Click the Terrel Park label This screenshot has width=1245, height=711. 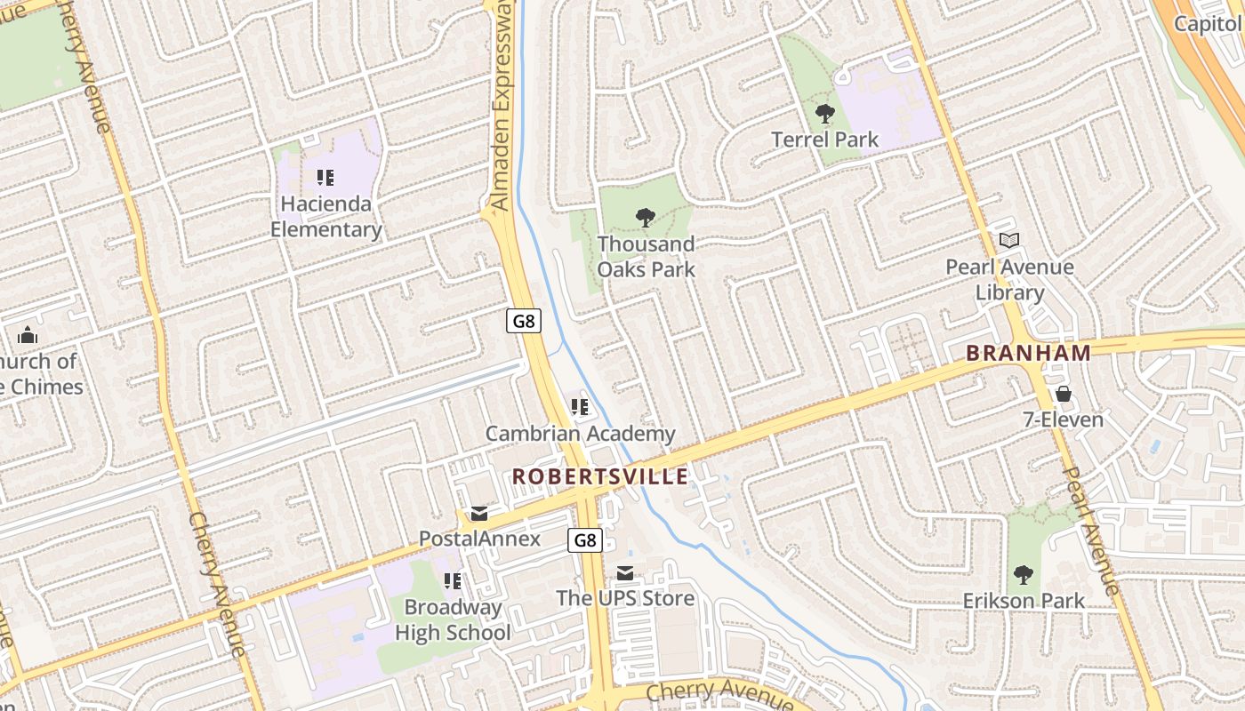824,140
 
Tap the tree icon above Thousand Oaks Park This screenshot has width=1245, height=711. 647,217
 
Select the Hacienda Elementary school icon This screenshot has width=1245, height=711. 325,178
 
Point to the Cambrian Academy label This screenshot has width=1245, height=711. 580,434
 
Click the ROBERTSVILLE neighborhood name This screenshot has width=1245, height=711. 600,476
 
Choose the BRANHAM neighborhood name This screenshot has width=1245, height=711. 1028,353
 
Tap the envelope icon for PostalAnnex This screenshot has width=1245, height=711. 479,514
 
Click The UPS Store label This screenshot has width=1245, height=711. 625,597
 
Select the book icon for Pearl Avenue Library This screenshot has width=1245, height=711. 1009,240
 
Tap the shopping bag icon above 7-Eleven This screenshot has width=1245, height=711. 1063,394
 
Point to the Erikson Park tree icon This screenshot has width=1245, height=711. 1024,575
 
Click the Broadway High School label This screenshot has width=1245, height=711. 453,620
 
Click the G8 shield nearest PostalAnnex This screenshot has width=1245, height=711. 585,539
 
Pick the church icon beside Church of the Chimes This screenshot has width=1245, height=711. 28,335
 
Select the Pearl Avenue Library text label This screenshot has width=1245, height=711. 1009,279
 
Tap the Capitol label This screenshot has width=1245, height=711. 1208,23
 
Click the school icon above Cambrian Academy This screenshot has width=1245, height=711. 580,408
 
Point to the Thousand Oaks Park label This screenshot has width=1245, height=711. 647,256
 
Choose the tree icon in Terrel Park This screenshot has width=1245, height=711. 824,113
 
